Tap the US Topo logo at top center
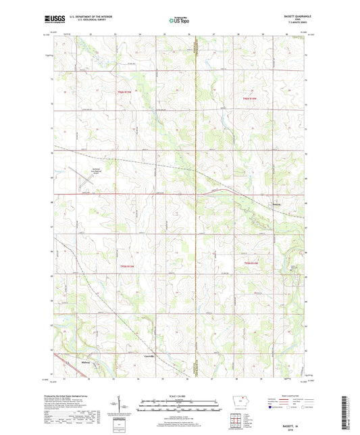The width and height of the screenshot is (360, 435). pos(179,21)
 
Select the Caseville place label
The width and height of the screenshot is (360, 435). pos(149,355)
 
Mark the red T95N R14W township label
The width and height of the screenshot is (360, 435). pos(250,99)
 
